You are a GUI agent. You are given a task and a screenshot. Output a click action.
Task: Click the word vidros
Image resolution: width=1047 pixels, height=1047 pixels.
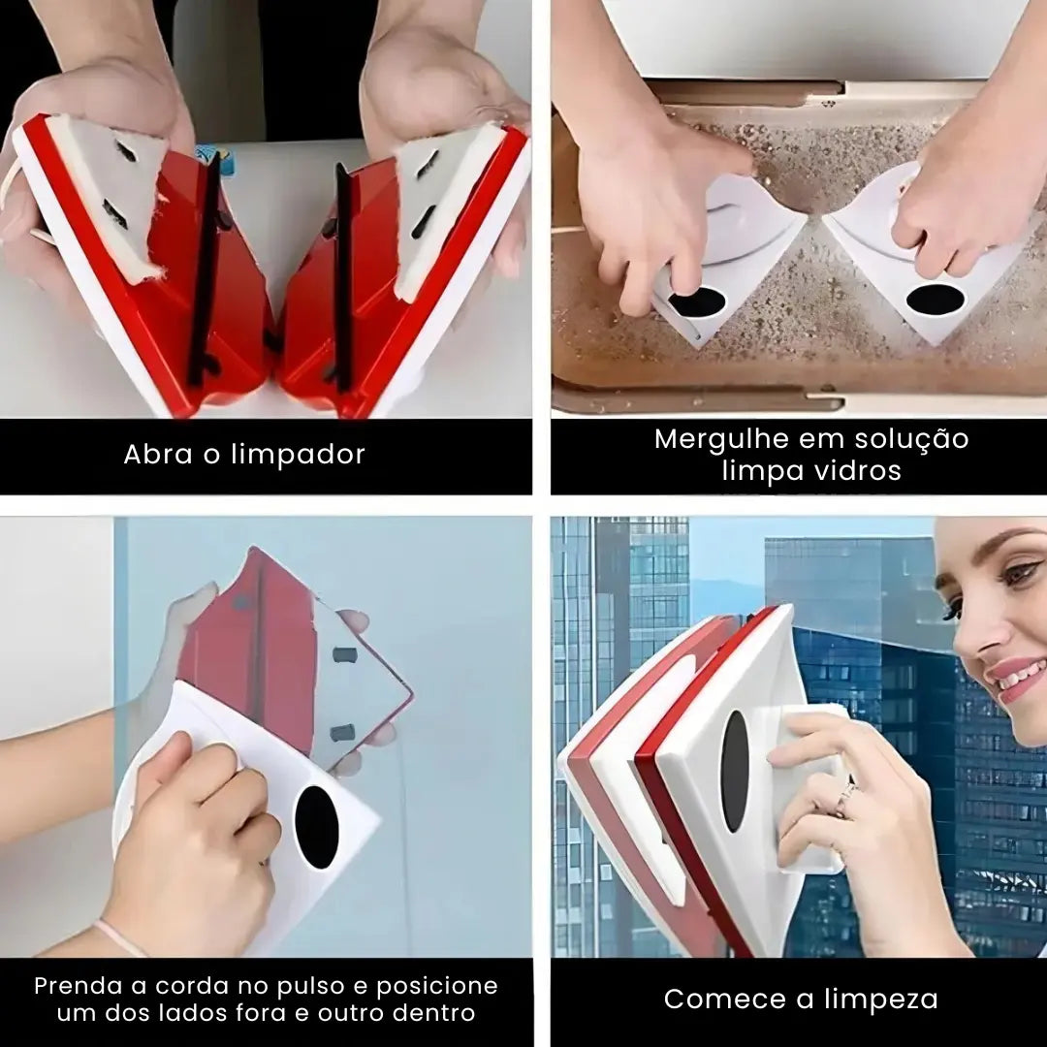855,471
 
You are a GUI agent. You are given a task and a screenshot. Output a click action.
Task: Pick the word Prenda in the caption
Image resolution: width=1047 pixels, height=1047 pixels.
77,986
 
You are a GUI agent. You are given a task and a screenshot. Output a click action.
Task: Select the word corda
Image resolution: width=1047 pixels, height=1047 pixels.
194,986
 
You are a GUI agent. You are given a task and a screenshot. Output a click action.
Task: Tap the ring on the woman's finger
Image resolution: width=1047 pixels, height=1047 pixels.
845,799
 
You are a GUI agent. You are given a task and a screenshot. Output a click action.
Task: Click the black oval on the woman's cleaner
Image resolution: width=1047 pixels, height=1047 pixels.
735,772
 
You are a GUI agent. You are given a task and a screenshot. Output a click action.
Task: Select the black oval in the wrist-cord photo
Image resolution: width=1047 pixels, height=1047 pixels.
316,827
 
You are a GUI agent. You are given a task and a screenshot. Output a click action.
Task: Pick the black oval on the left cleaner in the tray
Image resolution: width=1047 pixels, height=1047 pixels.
696,302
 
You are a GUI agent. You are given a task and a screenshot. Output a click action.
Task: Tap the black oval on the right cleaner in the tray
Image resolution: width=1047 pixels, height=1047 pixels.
935,300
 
